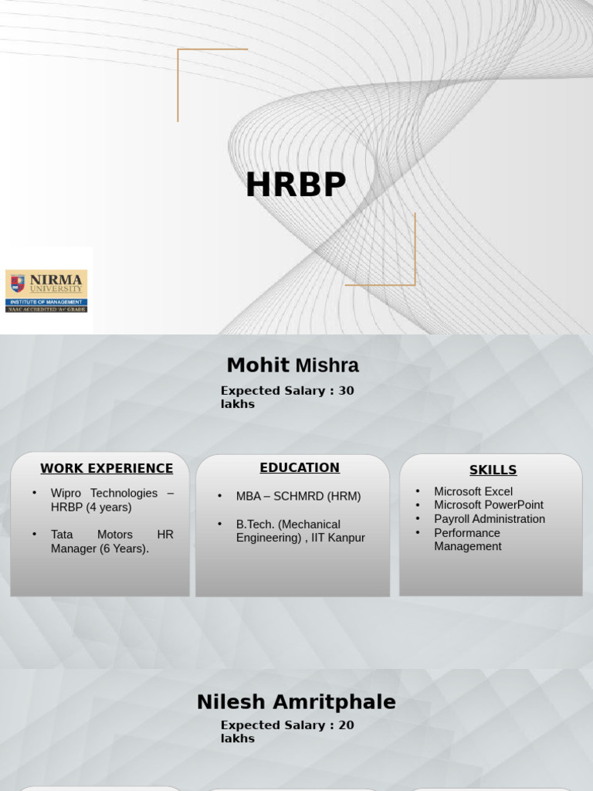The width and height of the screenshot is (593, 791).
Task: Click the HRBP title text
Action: pos(296,185)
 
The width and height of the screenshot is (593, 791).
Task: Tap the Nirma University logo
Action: pos(46,290)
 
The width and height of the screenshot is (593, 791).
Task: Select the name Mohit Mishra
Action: pos(293,365)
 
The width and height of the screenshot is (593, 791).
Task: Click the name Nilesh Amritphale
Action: pos(296,702)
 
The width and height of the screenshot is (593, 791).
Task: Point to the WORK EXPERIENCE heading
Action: pos(107,468)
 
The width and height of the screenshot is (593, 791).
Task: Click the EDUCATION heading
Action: pos(300,467)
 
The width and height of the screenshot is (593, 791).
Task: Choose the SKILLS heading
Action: pos(493,470)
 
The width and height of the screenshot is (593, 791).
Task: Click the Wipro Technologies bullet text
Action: pos(112,500)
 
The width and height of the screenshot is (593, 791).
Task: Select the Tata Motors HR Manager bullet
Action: pos(112,541)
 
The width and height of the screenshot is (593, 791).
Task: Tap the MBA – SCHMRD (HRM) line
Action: pos(298,496)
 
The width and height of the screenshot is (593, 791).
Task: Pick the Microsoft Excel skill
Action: pos(473,491)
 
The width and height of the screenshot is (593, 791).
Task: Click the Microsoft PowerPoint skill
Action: pos(489,505)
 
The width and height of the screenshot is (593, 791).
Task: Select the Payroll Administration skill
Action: pos(490,519)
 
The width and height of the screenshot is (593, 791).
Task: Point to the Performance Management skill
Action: pos(468,539)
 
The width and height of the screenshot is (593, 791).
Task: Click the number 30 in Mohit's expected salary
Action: pos(346,391)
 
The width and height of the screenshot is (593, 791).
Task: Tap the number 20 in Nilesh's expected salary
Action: pos(346,725)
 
